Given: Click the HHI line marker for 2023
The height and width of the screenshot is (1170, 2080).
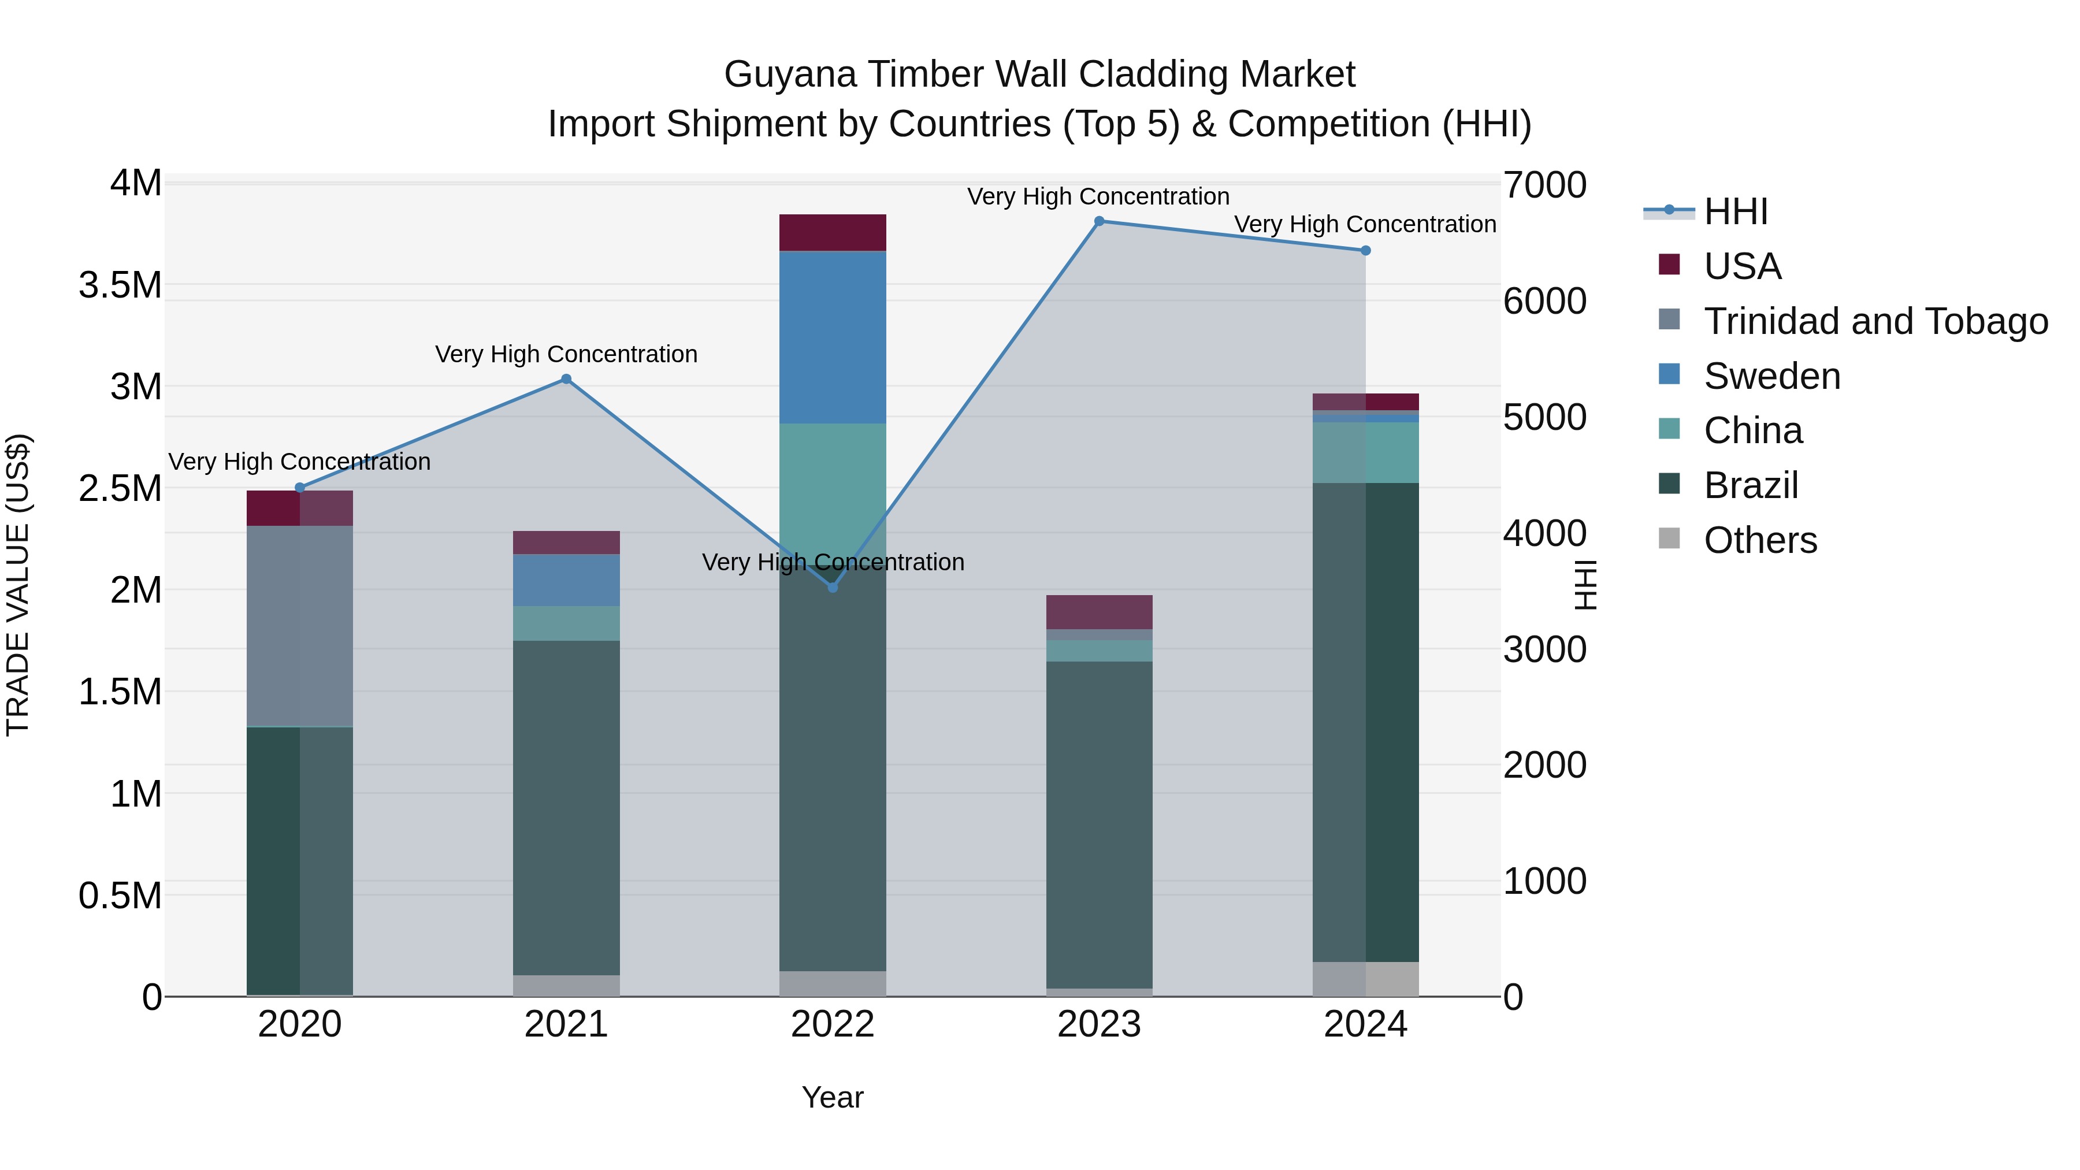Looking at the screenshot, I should pyautogui.click(x=1099, y=221).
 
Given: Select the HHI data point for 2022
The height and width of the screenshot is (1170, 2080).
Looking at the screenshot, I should pyautogui.click(x=833, y=588).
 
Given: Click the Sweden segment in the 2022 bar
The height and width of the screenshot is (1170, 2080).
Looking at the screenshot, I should pyautogui.click(x=833, y=337).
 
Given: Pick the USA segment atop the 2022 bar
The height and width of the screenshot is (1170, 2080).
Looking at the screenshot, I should pyautogui.click(x=833, y=232).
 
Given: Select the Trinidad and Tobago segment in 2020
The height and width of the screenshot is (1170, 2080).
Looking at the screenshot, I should pyautogui.click(x=299, y=626).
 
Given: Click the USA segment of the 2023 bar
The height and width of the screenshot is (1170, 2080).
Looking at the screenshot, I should pyautogui.click(x=1099, y=612).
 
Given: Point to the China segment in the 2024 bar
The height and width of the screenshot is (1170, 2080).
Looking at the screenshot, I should pyautogui.click(x=1365, y=452).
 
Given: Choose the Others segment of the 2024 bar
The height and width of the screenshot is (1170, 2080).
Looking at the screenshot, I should pyautogui.click(x=1365, y=979).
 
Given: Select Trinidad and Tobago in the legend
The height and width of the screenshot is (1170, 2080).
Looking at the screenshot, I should pyautogui.click(x=1875, y=321).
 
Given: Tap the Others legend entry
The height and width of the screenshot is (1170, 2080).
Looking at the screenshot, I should pyautogui.click(x=1760, y=540).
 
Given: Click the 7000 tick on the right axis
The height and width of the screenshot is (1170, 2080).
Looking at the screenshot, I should pyautogui.click(x=1544, y=185).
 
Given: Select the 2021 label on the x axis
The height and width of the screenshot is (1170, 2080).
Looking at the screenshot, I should pyautogui.click(x=566, y=1024).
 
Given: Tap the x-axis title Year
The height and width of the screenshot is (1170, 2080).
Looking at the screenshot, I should pyautogui.click(x=833, y=1097).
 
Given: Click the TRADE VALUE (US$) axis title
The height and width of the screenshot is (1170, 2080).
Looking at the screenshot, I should pyautogui.click(x=18, y=585).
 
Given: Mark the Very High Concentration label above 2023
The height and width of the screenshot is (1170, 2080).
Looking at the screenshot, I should pyautogui.click(x=1098, y=196).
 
